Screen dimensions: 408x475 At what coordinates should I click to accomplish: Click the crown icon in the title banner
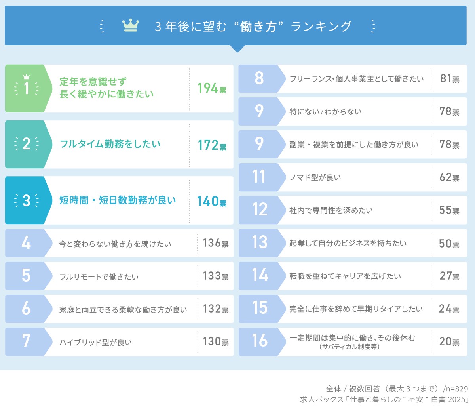131,26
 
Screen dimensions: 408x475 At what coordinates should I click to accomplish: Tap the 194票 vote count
212,88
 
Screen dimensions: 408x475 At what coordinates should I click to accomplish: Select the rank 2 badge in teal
27,144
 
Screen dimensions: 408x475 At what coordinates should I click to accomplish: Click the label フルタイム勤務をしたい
110,144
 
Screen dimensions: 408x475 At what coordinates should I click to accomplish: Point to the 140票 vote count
212,201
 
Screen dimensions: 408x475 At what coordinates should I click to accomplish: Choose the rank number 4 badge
26,242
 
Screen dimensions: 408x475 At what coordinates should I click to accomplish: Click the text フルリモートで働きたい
99,276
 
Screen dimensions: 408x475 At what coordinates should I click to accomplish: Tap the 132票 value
215,309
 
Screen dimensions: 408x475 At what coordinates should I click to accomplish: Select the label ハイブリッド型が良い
96,342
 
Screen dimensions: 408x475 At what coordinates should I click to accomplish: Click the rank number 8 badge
259,78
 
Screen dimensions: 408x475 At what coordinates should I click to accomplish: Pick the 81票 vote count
450,78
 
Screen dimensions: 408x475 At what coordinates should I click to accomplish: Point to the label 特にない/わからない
325,112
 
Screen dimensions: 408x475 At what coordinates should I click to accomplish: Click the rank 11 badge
259,177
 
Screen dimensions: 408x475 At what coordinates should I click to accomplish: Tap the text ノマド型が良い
315,177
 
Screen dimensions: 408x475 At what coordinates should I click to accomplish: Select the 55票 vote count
449,210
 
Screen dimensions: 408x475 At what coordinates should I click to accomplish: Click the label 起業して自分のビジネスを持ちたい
348,243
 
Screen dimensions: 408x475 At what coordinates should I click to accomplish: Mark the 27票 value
449,276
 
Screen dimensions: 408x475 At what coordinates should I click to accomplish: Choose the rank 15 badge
260,308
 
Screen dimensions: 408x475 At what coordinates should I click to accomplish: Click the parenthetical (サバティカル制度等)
350,347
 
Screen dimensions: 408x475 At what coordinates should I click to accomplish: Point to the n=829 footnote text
455,389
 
